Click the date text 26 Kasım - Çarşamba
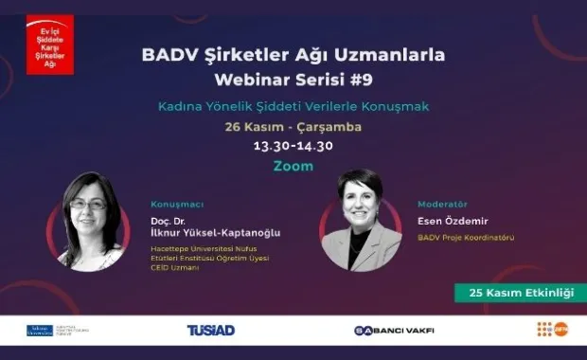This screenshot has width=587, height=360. [x=293, y=127]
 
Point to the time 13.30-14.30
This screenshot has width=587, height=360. [x=293, y=147]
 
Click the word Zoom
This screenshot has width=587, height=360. [x=293, y=165]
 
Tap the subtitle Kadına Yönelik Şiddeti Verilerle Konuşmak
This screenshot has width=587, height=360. [x=293, y=106]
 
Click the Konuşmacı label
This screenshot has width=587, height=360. [x=177, y=204]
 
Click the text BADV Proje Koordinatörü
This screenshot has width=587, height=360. [x=466, y=238]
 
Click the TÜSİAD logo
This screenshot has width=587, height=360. [x=210, y=330]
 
